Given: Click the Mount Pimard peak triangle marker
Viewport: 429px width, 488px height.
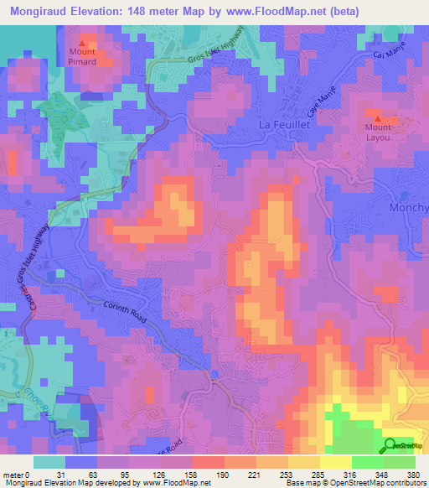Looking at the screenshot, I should [x=81, y=44].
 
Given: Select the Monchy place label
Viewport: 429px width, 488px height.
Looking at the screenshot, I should [x=409, y=207].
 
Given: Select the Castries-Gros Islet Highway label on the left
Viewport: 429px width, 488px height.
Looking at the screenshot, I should [x=43, y=267].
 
